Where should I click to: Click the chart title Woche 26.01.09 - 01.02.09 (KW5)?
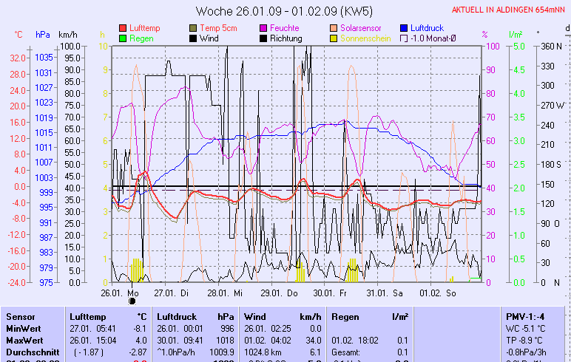[285, 11]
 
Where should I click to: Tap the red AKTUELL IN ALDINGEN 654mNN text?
[509, 10]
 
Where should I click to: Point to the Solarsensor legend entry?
[359, 28]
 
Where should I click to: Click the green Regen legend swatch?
[123, 38]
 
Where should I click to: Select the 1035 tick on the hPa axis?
[44, 58]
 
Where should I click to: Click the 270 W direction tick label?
[553, 105]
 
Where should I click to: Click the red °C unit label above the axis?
[18, 35]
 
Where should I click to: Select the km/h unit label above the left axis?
[67, 35]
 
